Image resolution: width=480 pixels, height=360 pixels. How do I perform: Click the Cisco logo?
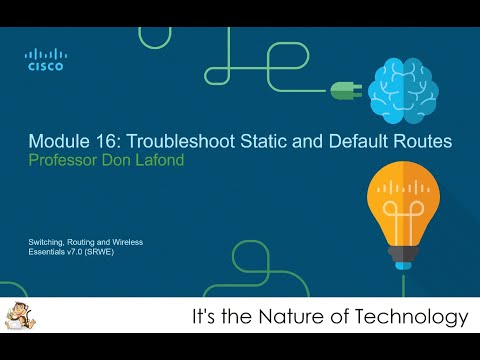(46, 60)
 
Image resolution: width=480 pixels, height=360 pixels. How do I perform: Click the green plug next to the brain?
(344, 90)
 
